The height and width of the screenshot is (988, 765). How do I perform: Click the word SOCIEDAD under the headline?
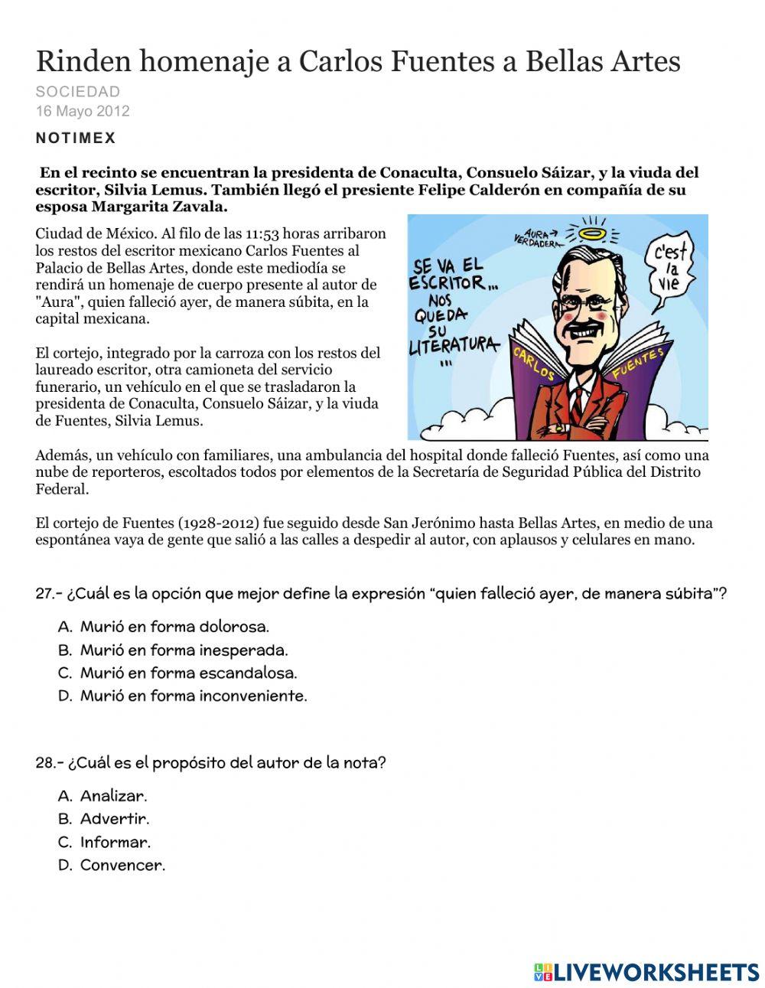[x=77, y=92]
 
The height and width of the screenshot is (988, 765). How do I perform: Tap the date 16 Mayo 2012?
[x=82, y=111]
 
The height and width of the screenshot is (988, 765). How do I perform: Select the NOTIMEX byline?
[x=75, y=139]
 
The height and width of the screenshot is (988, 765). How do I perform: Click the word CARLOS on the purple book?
[x=533, y=363]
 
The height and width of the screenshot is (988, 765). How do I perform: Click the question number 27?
[x=48, y=594]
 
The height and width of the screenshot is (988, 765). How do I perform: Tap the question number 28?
[x=48, y=763]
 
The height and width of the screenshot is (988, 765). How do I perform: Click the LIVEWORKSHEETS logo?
[x=646, y=971]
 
